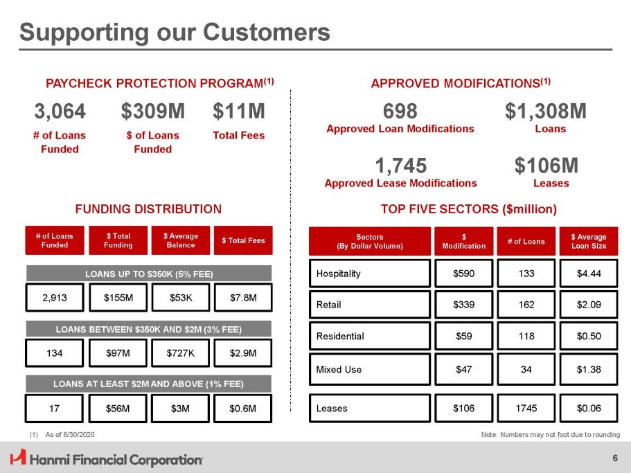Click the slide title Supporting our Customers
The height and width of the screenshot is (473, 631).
point(175,32)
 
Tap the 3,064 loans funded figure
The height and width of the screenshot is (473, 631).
point(60,111)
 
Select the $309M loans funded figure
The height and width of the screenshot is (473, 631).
point(152,111)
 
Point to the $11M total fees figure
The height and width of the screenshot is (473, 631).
point(238,111)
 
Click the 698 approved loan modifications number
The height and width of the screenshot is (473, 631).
point(400,111)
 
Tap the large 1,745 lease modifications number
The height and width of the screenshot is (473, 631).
point(400,166)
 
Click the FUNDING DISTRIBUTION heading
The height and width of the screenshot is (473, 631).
point(148,208)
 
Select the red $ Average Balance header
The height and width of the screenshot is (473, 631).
point(180,240)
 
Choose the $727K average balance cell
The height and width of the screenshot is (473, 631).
point(180,353)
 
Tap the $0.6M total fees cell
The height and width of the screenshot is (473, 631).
point(243,409)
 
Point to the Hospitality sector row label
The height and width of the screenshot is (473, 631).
point(339,274)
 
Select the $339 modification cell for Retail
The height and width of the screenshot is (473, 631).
point(463,304)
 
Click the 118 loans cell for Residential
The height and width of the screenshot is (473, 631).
point(526,336)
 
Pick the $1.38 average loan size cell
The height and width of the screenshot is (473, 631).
point(588,369)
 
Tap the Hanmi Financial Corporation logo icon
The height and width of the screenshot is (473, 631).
point(17,458)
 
